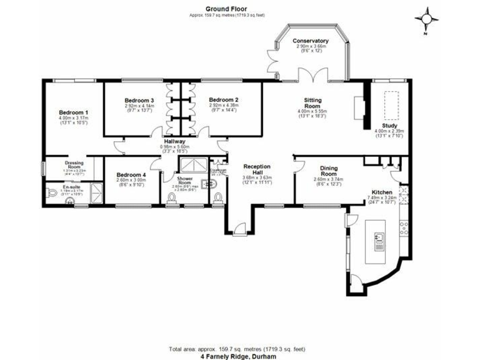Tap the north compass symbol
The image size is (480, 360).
(427, 19)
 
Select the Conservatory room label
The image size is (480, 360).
(311, 42)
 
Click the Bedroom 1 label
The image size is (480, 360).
(73, 112)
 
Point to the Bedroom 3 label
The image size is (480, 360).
(139, 101)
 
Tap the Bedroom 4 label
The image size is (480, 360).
(131, 175)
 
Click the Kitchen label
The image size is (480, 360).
(381, 192)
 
